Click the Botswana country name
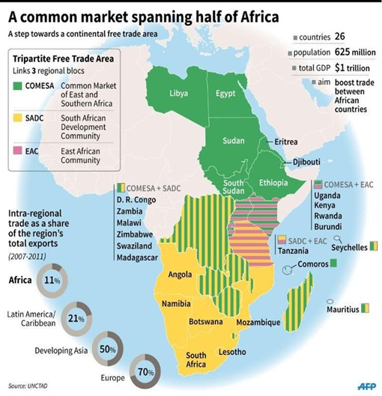tap(204, 321)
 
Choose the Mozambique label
tap(259, 323)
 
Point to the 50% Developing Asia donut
tap(108, 349)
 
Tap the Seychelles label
tap(350, 247)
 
